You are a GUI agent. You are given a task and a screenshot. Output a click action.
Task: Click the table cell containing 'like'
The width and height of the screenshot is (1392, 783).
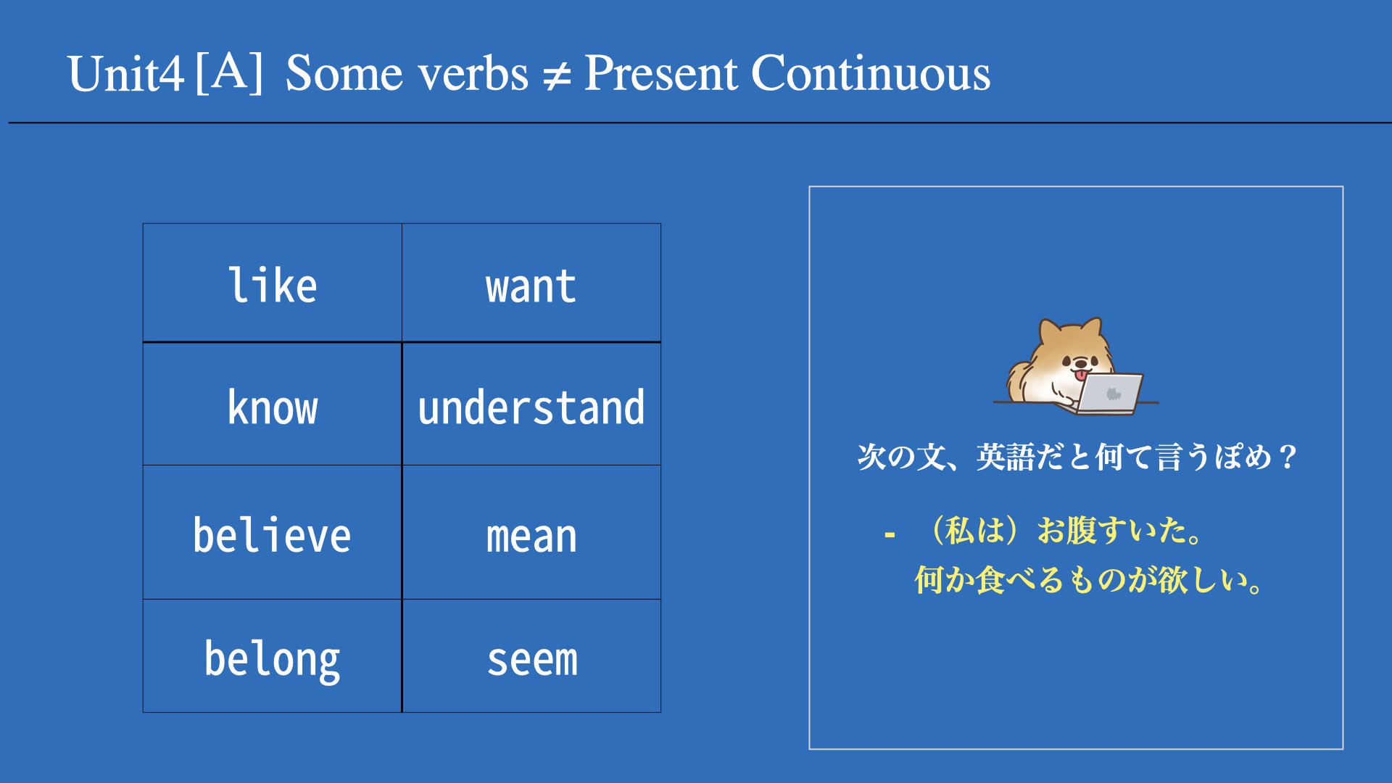pos(273,283)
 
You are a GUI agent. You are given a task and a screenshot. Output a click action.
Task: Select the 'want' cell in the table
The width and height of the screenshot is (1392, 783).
pos(531,283)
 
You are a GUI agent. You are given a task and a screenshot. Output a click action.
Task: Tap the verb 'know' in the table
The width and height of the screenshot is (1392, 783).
pos(273,407)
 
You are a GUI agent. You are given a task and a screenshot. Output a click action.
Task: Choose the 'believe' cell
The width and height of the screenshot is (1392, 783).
pos(273,532)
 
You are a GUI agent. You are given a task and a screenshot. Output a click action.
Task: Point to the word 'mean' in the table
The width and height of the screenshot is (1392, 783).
pos(531,537)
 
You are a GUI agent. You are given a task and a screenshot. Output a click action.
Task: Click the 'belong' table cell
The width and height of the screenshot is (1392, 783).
pos(273,655)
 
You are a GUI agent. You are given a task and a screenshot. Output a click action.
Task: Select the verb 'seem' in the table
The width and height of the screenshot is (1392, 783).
pos(532,660)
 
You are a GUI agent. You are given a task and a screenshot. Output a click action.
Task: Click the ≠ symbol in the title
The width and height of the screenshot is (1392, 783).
pos(557,75)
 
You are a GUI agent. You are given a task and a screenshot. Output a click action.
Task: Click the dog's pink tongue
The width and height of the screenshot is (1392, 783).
pos(1081,375)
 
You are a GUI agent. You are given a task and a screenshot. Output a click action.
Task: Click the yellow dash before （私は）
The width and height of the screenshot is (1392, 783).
pos(890,535)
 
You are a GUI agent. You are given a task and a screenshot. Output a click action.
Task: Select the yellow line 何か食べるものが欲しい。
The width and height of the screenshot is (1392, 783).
pos(1088,580)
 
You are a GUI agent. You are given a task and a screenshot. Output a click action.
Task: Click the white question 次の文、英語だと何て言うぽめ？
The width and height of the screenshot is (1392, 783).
pos(1077,457)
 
